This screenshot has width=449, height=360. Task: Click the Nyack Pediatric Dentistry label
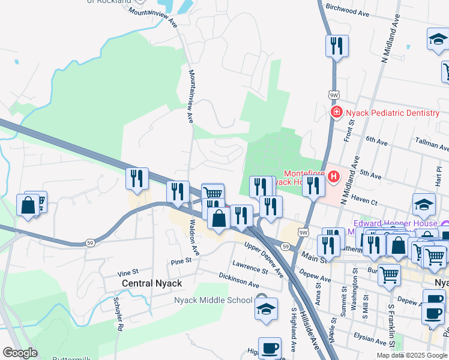[x=393, y=113]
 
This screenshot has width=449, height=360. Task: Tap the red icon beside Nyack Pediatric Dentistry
[x=337, y=112]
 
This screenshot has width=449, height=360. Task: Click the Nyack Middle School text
[x=213, y=300]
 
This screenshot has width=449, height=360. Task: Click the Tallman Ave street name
[x=432, y=143]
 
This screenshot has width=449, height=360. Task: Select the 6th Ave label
[x=377, y=140]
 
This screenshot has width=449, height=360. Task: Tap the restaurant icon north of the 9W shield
[x=336, y=46]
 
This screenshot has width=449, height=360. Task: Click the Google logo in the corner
[x=20, y=353]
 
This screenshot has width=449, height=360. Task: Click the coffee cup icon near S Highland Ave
[x=270, y=347]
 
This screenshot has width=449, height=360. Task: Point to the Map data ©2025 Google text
[x=411, y=355]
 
